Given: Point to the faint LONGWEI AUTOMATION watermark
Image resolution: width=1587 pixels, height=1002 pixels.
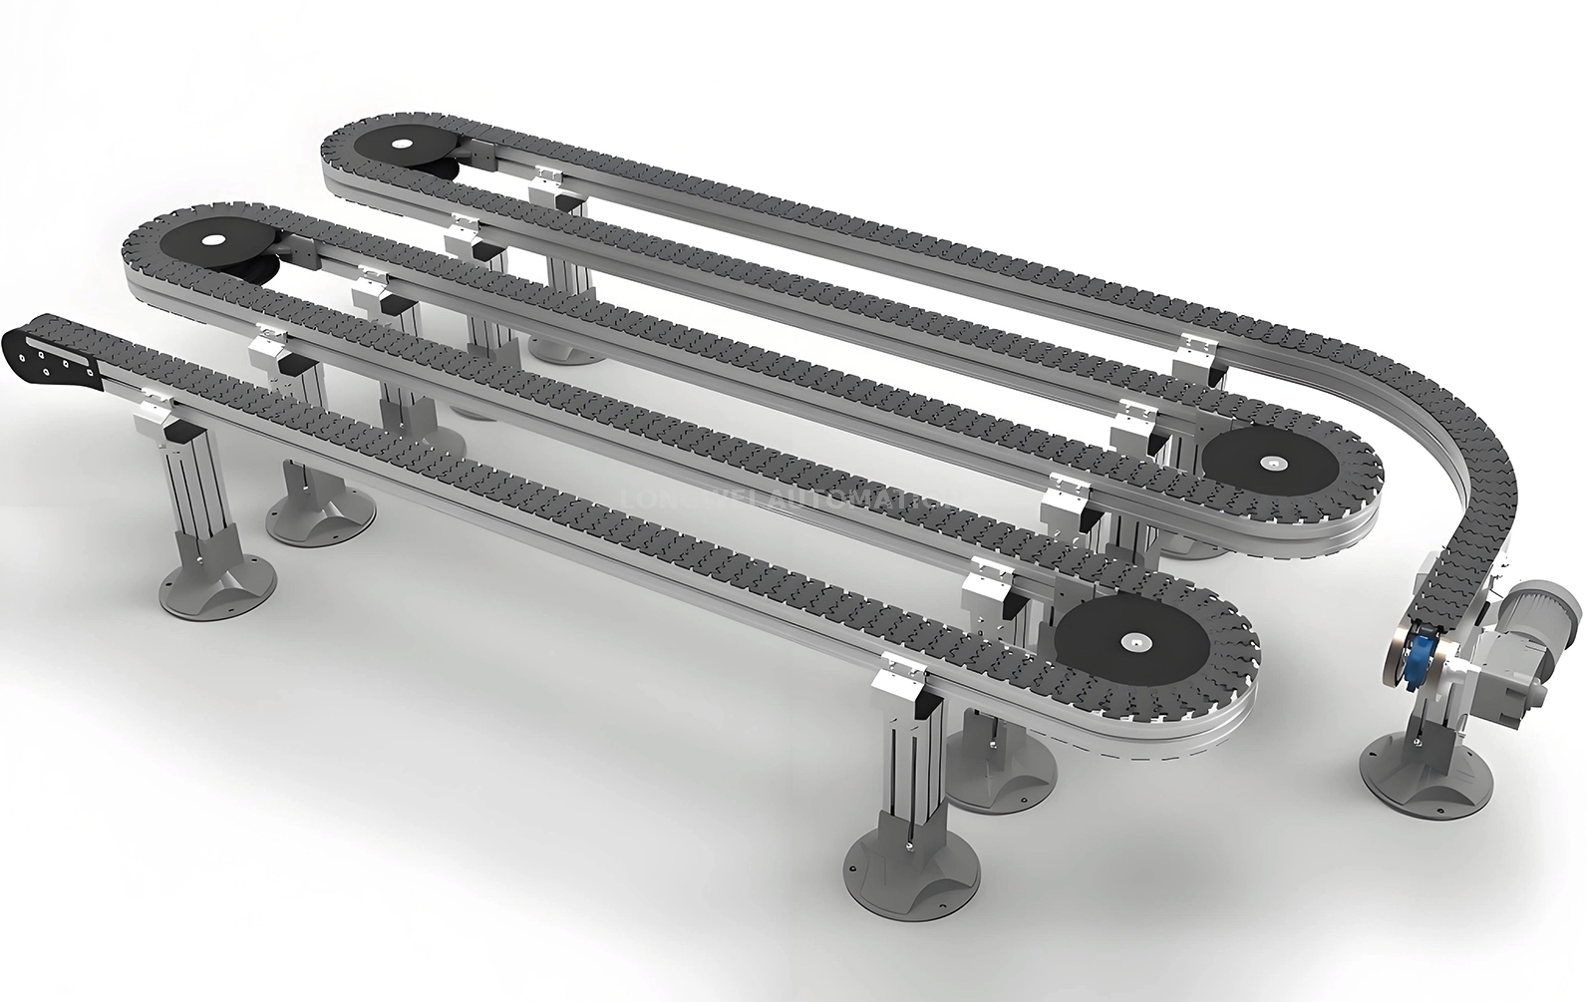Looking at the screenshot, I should tap(788, 497).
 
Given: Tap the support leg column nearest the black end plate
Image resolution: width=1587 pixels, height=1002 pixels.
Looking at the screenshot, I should tap(204, 489).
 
